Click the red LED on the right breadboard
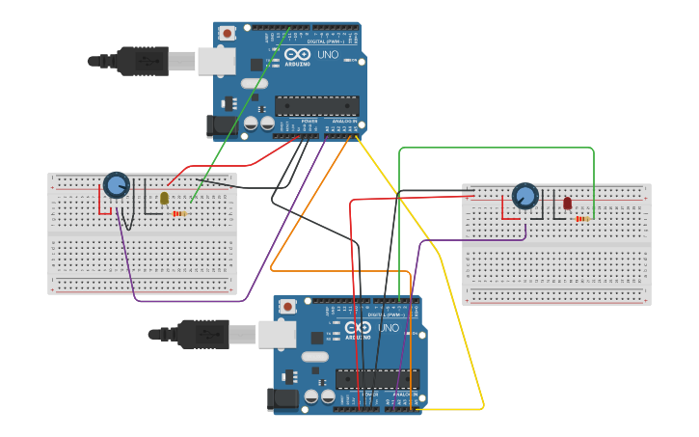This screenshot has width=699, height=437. click(567, 204)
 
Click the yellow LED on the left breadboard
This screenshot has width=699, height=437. click(164, 198)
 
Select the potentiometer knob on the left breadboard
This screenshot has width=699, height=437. click(116, 184)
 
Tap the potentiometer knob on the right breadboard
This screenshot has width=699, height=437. click(524, 197)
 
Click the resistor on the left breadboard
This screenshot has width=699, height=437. click(180, 213)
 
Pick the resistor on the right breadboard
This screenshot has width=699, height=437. click(582, 219)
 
